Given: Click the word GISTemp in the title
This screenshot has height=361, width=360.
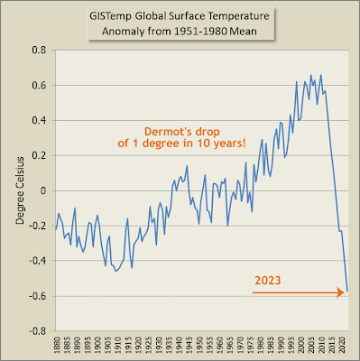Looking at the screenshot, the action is pyautogui.click(x=110, y=16).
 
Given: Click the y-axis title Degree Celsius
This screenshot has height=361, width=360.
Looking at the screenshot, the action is pyautogui.click(x=20, y=190).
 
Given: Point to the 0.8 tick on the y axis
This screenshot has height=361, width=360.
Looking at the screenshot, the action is pyautogui.click(x=39, y=50).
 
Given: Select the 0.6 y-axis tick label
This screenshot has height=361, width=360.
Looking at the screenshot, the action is pyautogui.click(x=39, y=86).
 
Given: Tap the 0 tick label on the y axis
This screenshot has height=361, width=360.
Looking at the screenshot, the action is pyautogui.click(x=43, y=190).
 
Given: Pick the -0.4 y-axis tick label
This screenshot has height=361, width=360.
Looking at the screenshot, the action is pyautogui.click(x=38, y=261).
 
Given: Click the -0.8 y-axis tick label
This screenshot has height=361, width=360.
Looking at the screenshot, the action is pyautogui.click(x=38, y=331).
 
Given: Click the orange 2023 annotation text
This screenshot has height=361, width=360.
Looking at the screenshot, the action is pyautogui.click(x=268, y=281).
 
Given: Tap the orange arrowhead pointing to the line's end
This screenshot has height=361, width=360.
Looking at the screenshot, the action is pyautogui.click(x=341, y=292).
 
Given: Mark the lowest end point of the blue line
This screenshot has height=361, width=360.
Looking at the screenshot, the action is pyautogui.click(x=347, y=292).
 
